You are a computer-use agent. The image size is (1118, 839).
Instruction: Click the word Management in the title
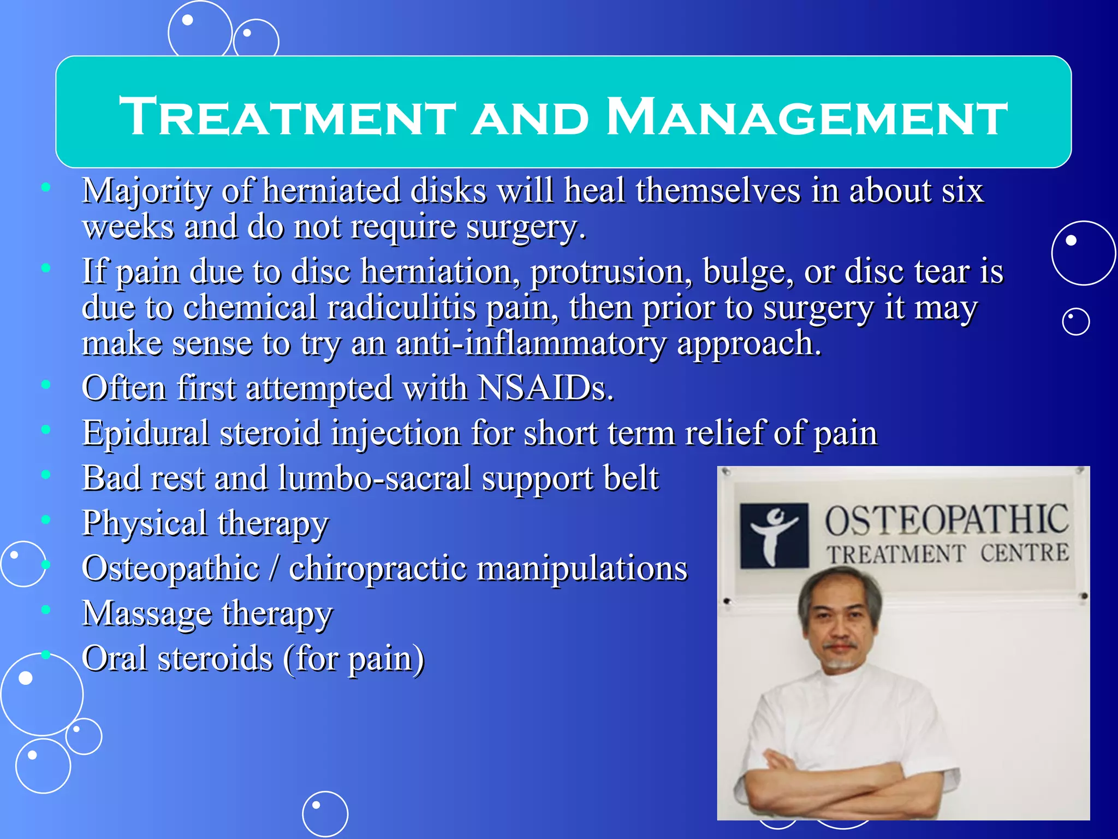coord(807,117)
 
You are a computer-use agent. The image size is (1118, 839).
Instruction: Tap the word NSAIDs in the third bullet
coord(545,388)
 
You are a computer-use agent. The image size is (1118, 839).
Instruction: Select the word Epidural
coord(146,433)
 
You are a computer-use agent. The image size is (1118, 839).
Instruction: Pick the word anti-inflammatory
coord(531,344)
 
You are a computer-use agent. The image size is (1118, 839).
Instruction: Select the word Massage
coord(146,613)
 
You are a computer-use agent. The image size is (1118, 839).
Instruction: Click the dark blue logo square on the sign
coord(774,536)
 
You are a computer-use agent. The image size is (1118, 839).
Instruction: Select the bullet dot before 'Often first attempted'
coord(46,385)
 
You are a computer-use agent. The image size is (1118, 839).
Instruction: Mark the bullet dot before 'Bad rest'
coord(46,475)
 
